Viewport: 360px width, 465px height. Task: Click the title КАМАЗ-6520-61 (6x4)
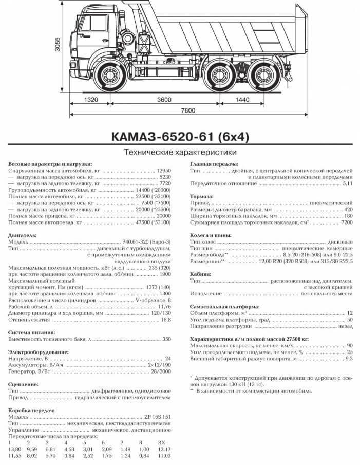[179, 137]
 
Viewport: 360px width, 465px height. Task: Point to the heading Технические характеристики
[180, 152]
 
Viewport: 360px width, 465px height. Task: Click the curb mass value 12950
[163, 170]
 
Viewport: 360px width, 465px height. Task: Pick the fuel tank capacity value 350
[166, 339]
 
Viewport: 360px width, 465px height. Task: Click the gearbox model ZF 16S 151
[157, 417]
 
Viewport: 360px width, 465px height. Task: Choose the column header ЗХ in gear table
[162, 442]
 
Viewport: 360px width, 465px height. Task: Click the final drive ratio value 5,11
[348, 183]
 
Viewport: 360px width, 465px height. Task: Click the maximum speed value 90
[349, 345]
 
